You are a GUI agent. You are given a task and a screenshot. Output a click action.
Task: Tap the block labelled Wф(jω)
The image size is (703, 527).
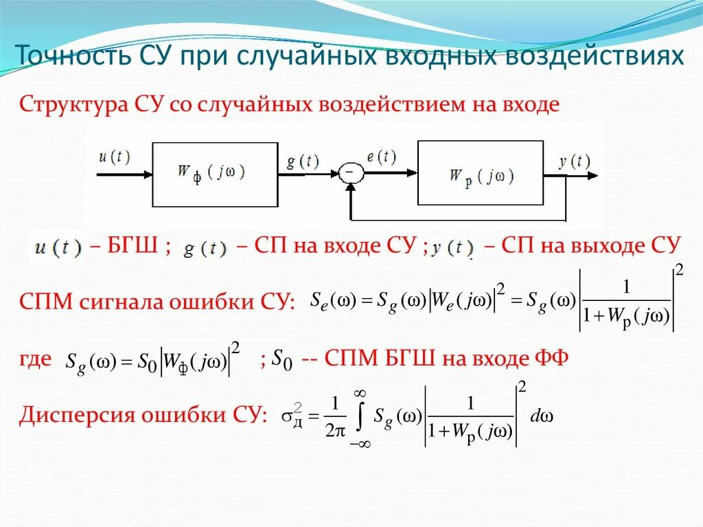click(215, 175)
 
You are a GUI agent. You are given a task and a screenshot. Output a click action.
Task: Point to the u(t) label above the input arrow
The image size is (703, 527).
click(113, 157)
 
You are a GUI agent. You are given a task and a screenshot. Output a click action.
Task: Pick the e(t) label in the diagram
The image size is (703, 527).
click(381, 157)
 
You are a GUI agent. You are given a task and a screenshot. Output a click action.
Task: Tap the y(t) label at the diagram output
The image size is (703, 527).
click(574, 161)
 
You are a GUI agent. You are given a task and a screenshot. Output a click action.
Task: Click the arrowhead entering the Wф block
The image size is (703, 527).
click(146, 175)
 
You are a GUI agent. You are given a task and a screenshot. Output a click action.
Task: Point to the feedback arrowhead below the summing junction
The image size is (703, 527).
click(350, 190)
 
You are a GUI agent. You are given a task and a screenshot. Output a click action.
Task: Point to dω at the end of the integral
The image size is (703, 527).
click(542, 417)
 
